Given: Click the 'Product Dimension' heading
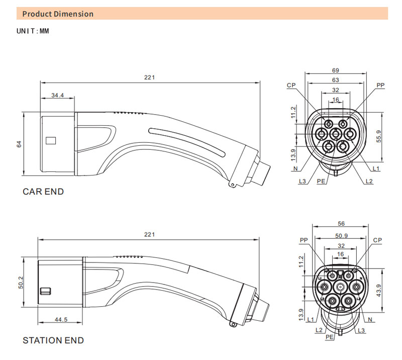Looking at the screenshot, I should click(58, 14).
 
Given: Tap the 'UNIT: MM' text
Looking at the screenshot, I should click(33, 31).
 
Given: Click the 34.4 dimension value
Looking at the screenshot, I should click(58, 94).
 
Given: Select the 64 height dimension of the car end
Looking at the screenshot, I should click(19, 144).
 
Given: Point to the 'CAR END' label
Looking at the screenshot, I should click(43, 192).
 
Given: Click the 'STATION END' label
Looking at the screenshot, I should click(53, 340).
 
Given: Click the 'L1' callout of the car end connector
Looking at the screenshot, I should click(376, 168).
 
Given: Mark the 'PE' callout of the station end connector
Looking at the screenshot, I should click(329, 337).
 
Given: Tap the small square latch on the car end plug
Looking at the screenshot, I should click(50, 140).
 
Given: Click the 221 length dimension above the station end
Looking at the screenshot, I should click(149, 235).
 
